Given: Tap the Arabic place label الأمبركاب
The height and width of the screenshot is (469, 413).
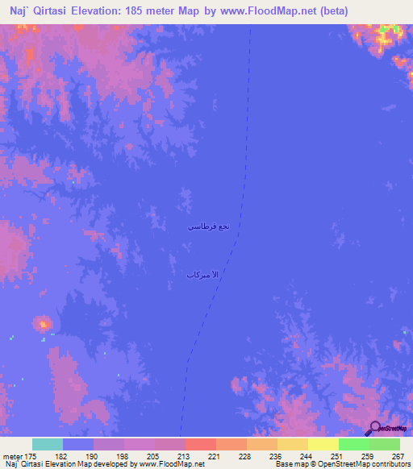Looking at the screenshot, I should pos(202,276).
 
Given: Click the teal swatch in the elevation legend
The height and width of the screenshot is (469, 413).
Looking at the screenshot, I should pos(48,444).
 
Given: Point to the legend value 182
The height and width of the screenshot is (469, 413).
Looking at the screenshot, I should pos(60,455).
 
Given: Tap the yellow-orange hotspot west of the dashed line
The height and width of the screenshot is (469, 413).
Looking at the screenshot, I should pos(42,324).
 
